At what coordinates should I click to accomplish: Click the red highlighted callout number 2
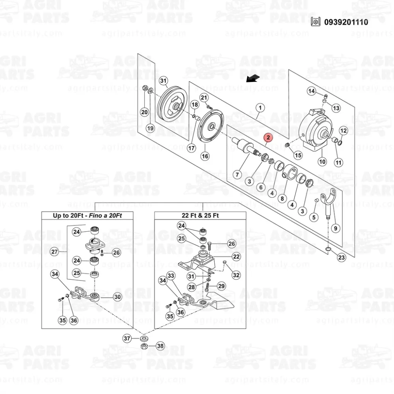pyautogui.click(x=268, y=138)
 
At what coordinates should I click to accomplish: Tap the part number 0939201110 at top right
pyautogui.click(x=346, y=22)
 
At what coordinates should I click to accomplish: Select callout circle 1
pyautogui.click(x=260, y=108)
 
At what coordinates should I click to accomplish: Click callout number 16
pyautogui.click(x=205, y=156)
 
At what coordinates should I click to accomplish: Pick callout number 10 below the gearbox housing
pyautogui.click(x=322, y=162)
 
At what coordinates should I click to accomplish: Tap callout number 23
pyautogui.click(x=342, y=257)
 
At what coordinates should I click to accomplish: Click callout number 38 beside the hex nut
pyautogui.click(x=160, y=346)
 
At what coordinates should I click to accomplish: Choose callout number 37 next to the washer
pyautogui.click(x=127, y=338)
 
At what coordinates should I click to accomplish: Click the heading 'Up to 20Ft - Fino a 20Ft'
pyautogui.click(x=87, y=216)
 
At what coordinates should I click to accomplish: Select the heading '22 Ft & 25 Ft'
pyautogui.click(x=200, y=216)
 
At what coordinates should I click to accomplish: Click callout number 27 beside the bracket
pyautogui.click(x=54, y=251)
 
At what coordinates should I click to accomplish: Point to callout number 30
pyautogui.click(x=117, y=297)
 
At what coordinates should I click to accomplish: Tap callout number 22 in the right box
pyautogui.click(x=236, y=256)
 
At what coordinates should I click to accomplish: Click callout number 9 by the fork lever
pyautogui.click(x=336, y=229)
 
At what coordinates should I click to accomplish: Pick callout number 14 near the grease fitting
pyautogui.click(x=312, y=91)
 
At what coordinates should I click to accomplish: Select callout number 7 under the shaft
pyautogui.click(x=237, y=175)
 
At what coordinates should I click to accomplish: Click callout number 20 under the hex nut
pyautogui.click(x=145, y=112)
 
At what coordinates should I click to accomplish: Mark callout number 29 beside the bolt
pyautogui.click(x=221, y=286)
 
